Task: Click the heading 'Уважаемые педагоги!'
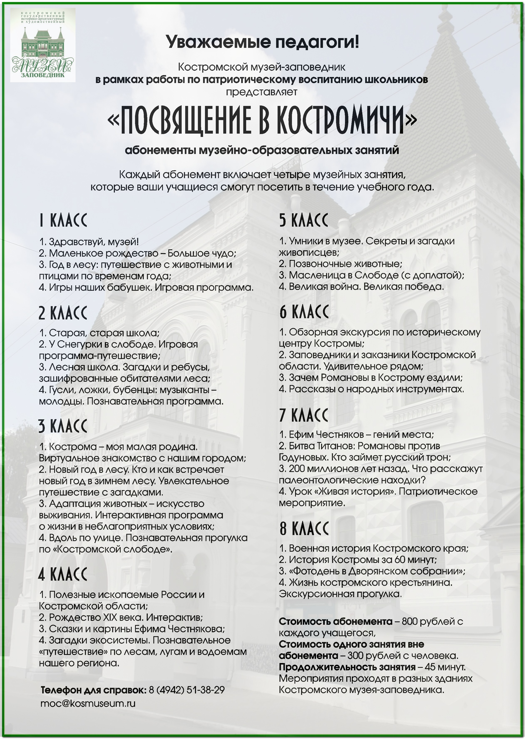[x=262, y=42]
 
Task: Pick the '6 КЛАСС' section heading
[x=304, y=312]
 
